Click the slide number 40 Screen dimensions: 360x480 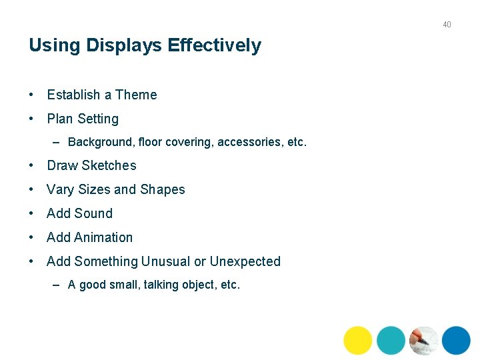pos(447,25)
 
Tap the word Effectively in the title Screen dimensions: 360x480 pos(215,46)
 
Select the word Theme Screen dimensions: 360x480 pos(136,95)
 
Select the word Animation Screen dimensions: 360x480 pos(103,237)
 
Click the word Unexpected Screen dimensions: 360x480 pos(245,261)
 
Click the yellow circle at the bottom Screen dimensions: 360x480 pos(357,340)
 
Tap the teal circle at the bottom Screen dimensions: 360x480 pos(391,340)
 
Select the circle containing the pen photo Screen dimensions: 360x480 pos(423,340)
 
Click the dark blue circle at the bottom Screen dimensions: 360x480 pos(456,340)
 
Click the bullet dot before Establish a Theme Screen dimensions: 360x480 pos(32,95)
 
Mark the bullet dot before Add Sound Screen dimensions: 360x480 pos(32,213)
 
